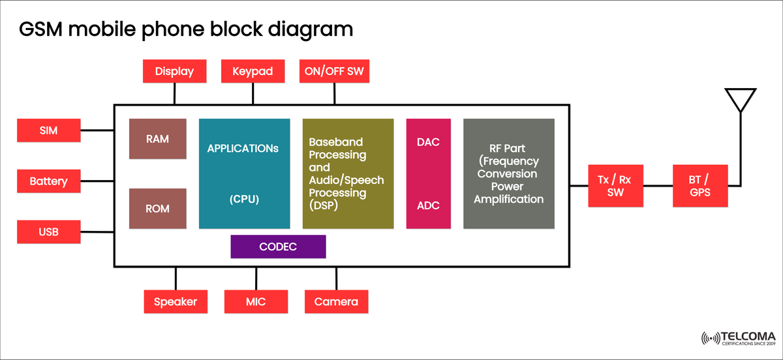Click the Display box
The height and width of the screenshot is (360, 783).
coord(174,72)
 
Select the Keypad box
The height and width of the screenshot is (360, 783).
coord(253,72)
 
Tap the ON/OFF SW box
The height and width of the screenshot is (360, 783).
coord(334,72)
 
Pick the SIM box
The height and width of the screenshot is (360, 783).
coord(49,130)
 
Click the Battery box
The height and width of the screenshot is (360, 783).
coord(49,181)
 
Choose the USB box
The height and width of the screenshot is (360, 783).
coord(49,232)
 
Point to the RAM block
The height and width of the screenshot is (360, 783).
coord(158,138)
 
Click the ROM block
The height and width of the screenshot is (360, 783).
coord(158,209)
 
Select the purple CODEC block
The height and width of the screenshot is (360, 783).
coord(278,247)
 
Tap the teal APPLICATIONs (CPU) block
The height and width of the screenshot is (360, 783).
coord(244,173)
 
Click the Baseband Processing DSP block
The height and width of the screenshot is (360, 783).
coord(348,173)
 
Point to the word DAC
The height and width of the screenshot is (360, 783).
coord(428,143)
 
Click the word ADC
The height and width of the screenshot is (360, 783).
coord(428,205)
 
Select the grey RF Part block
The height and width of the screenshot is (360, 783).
coord(508,173)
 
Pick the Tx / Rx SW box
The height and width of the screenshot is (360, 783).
coord(615,186)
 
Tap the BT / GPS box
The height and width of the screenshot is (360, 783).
coord(700,186)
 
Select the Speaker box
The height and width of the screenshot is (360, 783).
coord(175,301)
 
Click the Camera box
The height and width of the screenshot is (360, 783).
coord(336,301)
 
